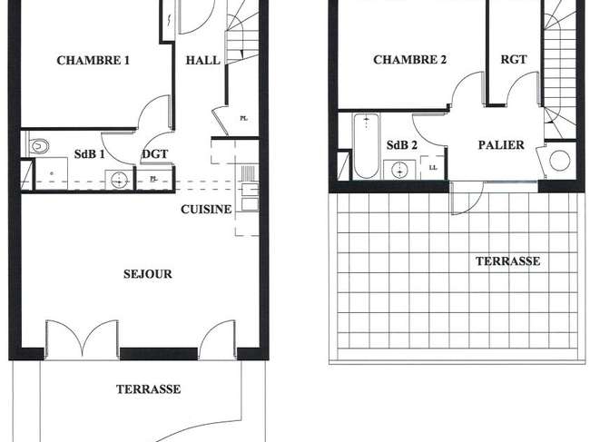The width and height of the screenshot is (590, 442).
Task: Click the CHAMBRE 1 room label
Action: point(93,61)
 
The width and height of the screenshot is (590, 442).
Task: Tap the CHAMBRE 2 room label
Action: point(409,59)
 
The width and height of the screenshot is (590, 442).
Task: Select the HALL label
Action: point(202,60)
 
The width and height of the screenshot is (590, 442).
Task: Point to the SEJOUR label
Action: point(147,274)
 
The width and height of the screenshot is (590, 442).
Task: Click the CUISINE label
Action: point(206,209)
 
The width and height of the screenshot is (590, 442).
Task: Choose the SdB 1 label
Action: point(89,154)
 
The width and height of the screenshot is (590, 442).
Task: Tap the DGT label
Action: point(155,154)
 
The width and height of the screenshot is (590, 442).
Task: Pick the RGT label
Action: point(514,59)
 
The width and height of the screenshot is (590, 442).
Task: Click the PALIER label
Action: point(501,145)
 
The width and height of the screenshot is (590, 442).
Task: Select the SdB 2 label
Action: point(402,145)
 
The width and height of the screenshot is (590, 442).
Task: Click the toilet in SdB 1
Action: point(38,146)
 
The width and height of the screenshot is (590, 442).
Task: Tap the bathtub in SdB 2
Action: point(366,146)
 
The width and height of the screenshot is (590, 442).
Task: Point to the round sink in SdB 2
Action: point(399,171)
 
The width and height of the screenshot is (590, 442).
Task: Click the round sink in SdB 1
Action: point(119,180)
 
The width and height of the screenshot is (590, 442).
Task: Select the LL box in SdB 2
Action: point(433,167)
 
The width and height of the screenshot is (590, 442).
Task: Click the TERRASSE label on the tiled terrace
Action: point(507,261)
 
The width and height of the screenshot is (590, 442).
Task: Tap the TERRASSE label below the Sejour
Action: point(148,389)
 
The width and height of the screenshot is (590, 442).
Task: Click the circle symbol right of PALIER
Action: point(559,161)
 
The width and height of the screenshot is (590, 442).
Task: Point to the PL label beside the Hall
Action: point(244,119)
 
